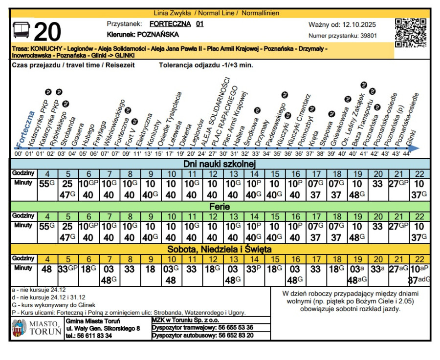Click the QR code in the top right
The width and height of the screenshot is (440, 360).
click(x=410, y=33)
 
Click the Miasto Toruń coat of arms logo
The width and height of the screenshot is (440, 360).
click(x=19, y=328)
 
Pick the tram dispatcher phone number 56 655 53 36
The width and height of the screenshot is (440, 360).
click(x=236, y=327)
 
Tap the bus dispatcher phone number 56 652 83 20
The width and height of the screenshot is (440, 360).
click(x=236, y=336)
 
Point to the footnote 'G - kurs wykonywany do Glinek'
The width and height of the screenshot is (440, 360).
click(x=53, y=304)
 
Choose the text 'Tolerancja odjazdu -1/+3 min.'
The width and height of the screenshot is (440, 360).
click(x=206, y=64)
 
